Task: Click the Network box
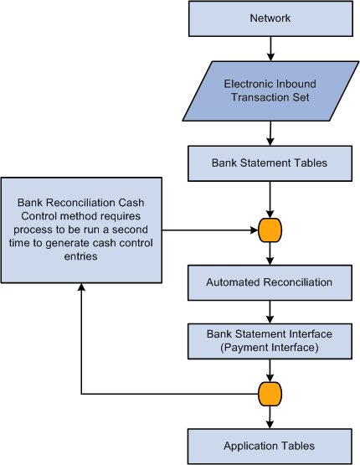pyautogui.click(x=269, y=18)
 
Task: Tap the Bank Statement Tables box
pyautogui.click(x=269, y=163)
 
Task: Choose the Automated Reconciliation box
pyautogui.click(x=269, y=282)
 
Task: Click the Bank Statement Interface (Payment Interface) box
pyautogui.click(x=269, y=340)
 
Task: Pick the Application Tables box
pyautogui.click(x=269, y=445)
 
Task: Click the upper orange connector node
pyautogui.click(x=270, y=229)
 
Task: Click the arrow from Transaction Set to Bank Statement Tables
pyautogui.click(x=270, y=132)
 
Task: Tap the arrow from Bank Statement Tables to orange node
pyautogui.click(x=270, y=198)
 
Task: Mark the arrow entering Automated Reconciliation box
pyautogui.click(x=270, y=252)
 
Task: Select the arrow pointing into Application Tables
pyautogui.click(x=270, y=416)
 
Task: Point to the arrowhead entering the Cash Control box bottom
pyautogui.click(x=81, y=288)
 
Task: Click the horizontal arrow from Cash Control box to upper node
pyautogui.click(x=209, y=229)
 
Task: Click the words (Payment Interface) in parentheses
pyautogui.click(x=269, y=347)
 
